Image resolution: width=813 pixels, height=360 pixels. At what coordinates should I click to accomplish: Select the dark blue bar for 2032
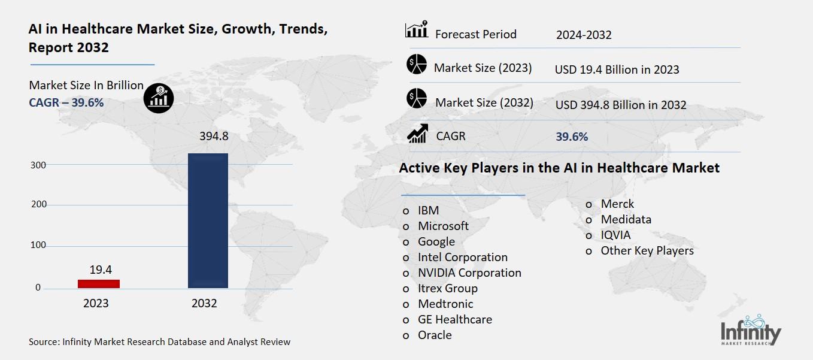[x=208, y=221]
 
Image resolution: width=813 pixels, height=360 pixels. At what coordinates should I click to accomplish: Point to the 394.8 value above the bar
[x=214, y=137]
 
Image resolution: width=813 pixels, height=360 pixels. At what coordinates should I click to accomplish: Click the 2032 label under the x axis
[x=204, y=303]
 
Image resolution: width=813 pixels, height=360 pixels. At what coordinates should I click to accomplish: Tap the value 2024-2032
[x=583, y=35]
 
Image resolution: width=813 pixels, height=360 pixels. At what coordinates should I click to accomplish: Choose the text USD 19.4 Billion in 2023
[x=617, y=69]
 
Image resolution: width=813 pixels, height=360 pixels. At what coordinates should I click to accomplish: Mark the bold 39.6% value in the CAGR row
[x=572, y=137]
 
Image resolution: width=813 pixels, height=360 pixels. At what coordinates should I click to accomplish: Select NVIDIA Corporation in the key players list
[x=469, y=273]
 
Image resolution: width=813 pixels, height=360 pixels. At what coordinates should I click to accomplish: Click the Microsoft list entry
[x=443, y=226]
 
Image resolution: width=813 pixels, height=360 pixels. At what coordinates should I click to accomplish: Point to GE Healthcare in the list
[x=454, y=319]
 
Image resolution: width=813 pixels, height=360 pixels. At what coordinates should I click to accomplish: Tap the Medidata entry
[x=626, y=219]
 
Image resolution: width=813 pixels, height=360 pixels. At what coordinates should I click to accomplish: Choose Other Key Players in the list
[x=647, y=250]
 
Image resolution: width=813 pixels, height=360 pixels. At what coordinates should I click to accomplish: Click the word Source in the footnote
[x=43, y=342]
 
